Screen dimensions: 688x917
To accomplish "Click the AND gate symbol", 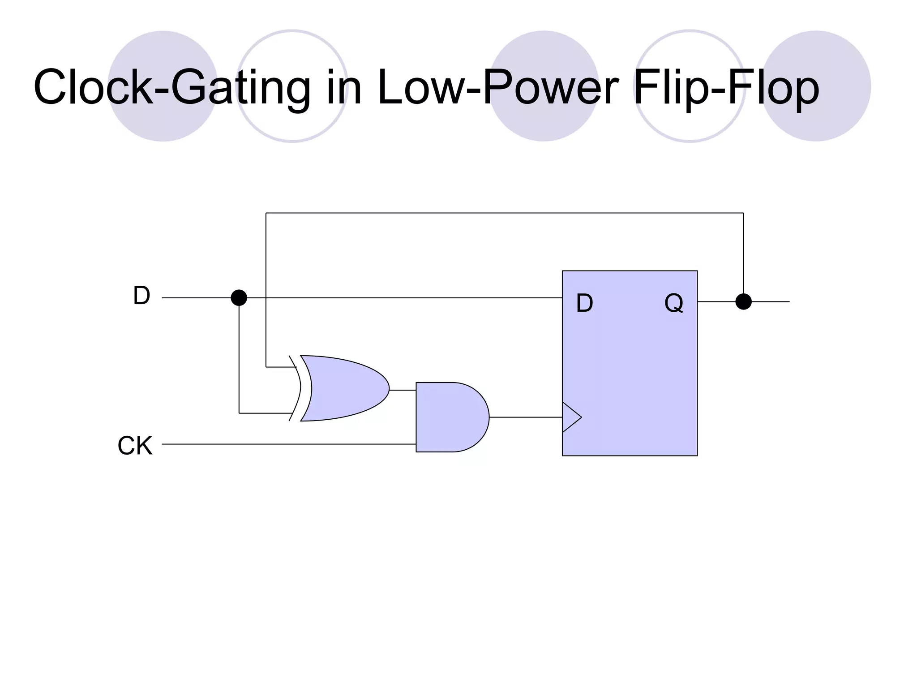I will [450, 417].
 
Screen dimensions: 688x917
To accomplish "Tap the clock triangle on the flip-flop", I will [570, 417].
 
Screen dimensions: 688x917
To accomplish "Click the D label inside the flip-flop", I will [584, 303].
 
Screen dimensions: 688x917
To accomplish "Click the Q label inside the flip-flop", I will [673, 303].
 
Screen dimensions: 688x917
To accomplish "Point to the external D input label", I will [141, 296].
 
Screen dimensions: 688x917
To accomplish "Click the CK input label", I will [135, 446].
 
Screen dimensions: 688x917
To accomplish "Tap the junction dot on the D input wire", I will [239, 297].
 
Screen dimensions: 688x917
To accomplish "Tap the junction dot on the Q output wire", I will [743, 301].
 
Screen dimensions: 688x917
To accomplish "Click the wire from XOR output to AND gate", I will [403, 390].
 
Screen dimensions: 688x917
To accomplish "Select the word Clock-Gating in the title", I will [172, 87].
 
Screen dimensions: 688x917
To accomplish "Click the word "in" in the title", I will [344, 87].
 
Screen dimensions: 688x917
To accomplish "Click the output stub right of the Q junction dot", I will [771, 301].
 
